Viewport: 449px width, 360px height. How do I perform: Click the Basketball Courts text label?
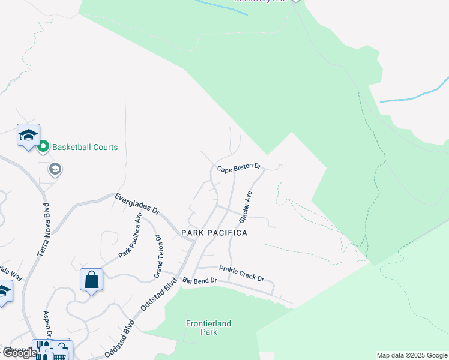tap(85, 147)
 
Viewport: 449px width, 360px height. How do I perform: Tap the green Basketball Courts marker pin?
tap(43, 146)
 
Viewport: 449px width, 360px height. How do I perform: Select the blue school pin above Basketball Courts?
tap(28, 136)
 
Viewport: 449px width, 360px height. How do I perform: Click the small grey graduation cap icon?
tap(55, 169)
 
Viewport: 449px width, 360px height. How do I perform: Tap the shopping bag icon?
tap(91, 280)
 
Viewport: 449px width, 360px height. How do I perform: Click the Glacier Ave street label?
tap(245, 207)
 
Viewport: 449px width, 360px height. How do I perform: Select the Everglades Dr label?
tap(138, 203)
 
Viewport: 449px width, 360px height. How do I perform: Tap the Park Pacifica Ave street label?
tap(130, 235)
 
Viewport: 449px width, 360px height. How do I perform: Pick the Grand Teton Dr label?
tap(159, 256)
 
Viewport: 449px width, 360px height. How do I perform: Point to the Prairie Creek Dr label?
tap(241, 273)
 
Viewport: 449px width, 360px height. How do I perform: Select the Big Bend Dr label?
tap(199, 280)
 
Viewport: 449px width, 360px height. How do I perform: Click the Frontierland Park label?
tap(208, 328)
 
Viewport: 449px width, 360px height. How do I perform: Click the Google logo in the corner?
tap(20, 353)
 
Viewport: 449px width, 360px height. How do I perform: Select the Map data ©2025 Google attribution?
tap(412, 355)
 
